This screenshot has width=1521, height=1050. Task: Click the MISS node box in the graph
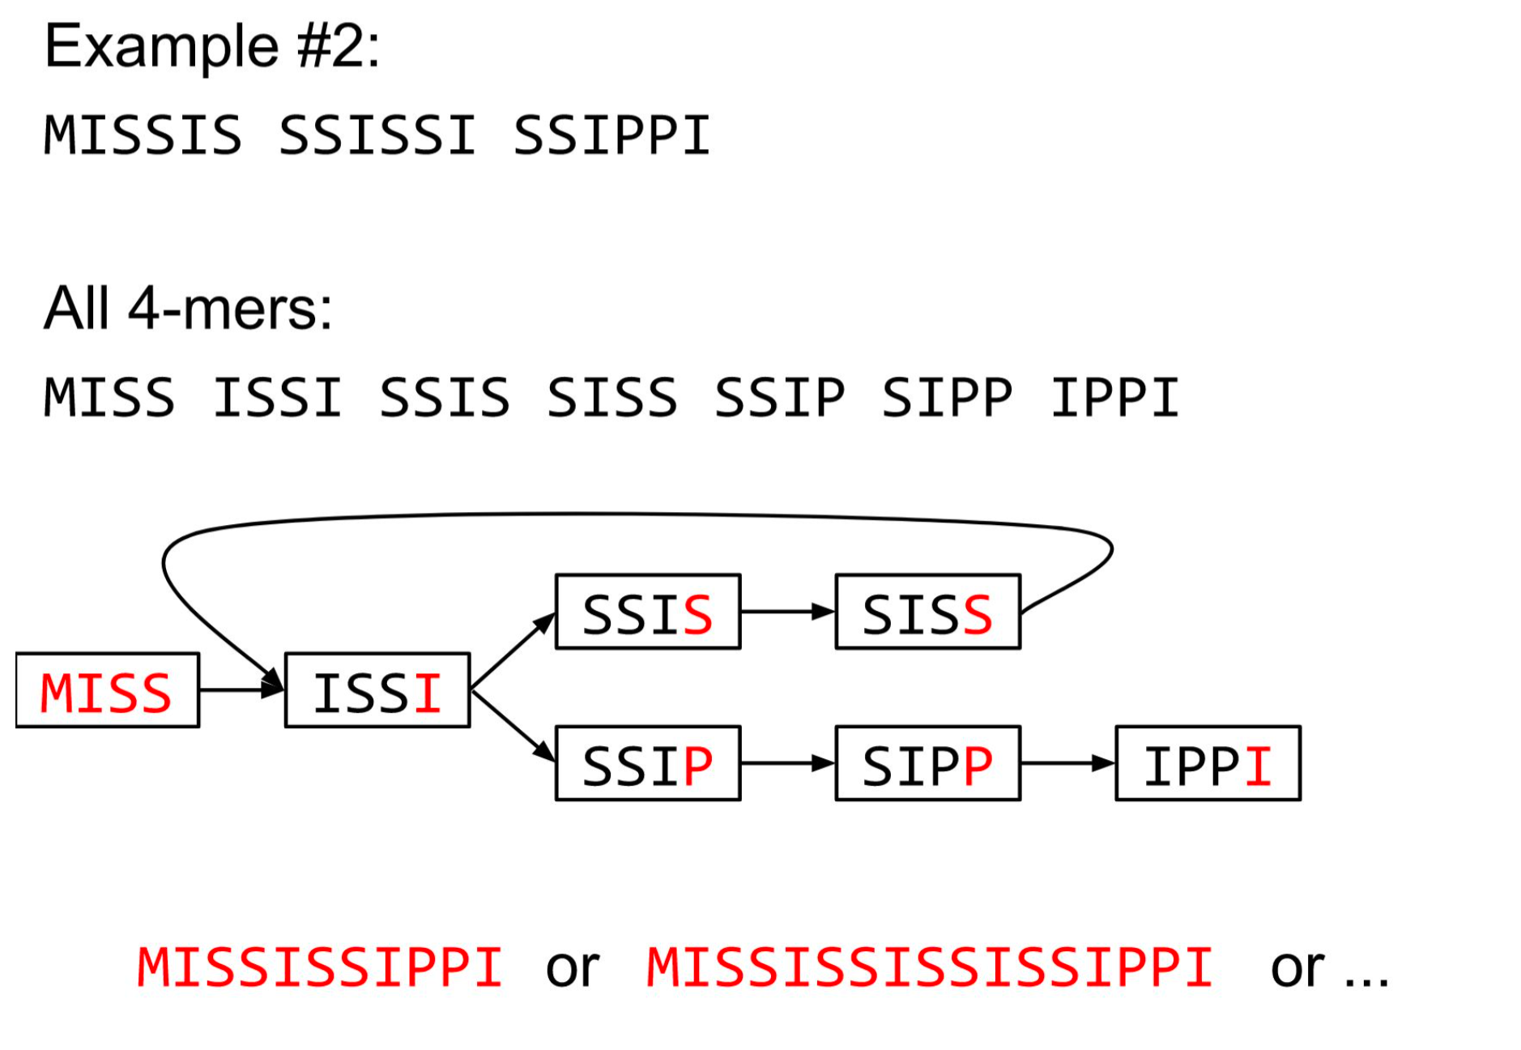coord(107,690)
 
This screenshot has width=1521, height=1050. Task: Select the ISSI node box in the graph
coord(377,690)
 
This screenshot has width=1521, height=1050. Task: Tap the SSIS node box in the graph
coord(648,612)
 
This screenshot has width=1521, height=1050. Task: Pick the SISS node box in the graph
coord(927,612)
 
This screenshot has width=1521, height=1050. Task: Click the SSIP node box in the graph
coord(648,763)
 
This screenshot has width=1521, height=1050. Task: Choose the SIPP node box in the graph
coord(927,763)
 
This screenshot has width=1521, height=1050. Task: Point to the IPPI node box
coord(1208,763)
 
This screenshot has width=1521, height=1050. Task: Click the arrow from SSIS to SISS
coord(787,612)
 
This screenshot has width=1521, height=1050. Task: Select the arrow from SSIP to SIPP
coord(787,763)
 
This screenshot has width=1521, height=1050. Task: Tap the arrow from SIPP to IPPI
coord(1067,763)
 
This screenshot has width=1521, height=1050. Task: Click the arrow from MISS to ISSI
coord(241,690)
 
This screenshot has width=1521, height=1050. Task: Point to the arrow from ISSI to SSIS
coord(513,651)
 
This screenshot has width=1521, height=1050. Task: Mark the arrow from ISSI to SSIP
coord(513,726)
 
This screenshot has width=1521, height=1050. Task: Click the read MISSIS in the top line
coord(143,134)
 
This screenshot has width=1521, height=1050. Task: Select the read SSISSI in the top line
coord(377,134)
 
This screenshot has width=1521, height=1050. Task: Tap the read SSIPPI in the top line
coord(612,134)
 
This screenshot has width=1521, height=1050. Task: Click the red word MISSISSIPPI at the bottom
coord(320,967)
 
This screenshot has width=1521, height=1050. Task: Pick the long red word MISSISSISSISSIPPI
coord(930,967)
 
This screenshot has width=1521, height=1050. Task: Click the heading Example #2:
coord(212,46)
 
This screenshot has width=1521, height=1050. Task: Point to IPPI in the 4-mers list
coord(1115,398)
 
